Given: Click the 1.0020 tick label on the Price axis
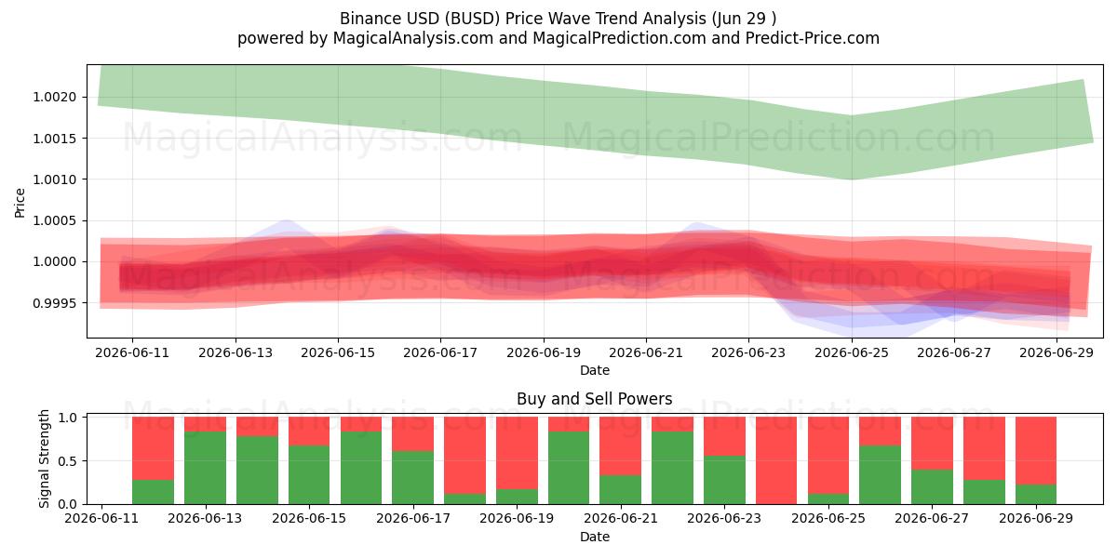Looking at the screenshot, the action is pos(55,97).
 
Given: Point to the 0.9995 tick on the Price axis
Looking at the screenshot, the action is pos(55,303).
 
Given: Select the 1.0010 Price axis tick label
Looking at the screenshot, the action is pos(55,179).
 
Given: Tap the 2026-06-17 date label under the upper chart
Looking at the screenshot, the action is pos(440,352).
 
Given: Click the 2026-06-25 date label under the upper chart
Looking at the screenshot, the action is pos(852,352).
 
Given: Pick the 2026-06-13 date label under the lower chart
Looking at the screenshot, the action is pos(205,518).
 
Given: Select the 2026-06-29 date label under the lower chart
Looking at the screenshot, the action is pos(1036,518).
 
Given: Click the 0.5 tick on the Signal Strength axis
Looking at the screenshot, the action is pos(68,461).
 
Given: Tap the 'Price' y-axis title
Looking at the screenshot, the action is pos(20,203).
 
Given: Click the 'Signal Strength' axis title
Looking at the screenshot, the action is pos(44,458).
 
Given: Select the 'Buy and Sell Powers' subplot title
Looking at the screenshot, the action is pos(595,399).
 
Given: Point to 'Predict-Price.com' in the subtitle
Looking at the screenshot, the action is pos(813,38).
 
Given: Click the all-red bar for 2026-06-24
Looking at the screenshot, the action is pos(776,460).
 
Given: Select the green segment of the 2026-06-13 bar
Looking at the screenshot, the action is pos(205,468).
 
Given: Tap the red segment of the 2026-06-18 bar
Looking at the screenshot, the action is pos(464,456).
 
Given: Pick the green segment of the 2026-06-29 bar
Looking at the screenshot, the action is pos(1036,494).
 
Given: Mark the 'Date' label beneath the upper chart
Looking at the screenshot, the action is pos(595,370).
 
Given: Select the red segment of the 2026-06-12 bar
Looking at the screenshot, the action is pos(153,448).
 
